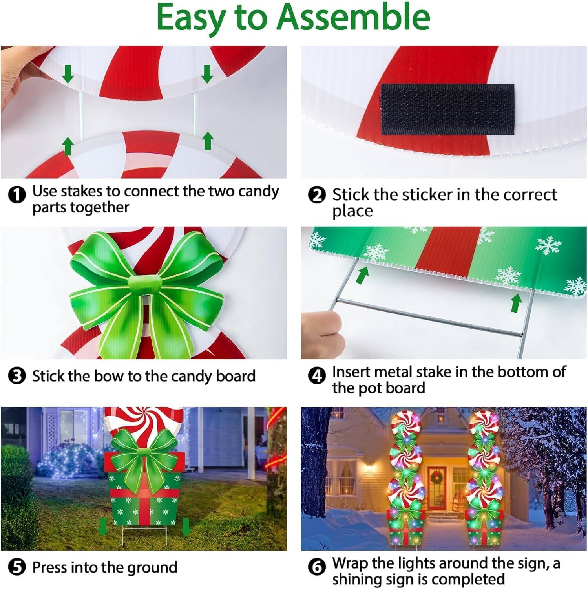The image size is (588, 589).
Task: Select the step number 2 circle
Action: [x=317, y=195]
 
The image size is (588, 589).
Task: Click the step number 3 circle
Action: [x=17, y=376]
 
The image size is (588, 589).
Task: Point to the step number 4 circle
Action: [x=317, y=376]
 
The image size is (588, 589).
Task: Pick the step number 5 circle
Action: [x=17, y=567]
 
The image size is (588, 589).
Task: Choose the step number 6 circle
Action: [x=317, y=567]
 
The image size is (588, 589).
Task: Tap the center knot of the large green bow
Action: [x=145, y=285]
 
